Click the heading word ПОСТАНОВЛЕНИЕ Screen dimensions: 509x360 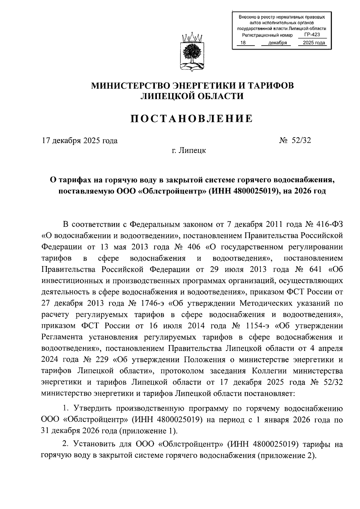191,119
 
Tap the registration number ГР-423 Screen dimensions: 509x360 312,35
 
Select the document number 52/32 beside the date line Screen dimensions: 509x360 301,140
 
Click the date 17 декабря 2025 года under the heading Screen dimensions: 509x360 79,140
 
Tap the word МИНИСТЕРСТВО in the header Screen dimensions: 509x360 131,85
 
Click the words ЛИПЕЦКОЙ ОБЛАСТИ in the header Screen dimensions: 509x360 192,96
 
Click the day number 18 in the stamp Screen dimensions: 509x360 243,43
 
